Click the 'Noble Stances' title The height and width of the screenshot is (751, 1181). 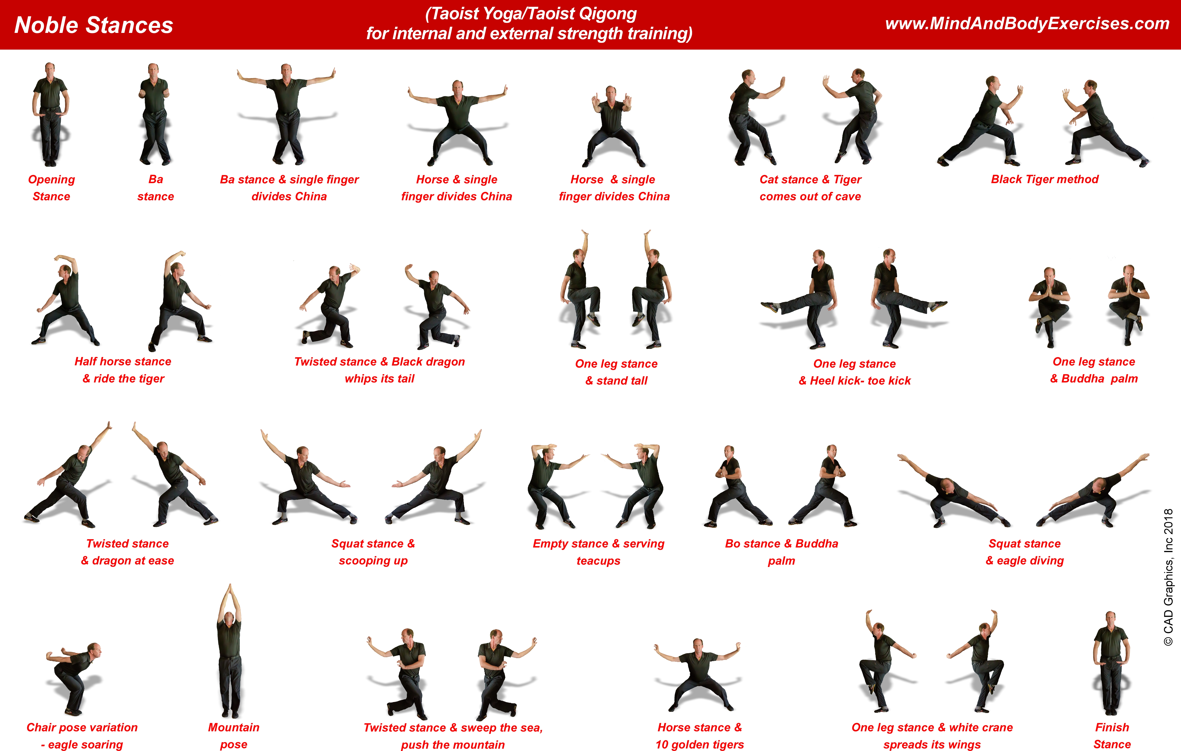tap(94, 25)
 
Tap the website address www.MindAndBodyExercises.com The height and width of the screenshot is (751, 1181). tap(1027, 24)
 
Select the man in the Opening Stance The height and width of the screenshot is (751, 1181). tap(50, 114)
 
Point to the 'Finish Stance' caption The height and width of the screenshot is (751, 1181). tap(1112, 735)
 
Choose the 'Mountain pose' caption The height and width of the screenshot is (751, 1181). tap(234, 735)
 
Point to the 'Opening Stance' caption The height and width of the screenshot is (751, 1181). tap(51, 188)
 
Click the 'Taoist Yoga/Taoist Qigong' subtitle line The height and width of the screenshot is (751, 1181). tap(531, 14)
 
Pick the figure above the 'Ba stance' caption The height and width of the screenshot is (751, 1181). tap(155, 114)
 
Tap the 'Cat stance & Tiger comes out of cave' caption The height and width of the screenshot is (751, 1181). tap(810, 188)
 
